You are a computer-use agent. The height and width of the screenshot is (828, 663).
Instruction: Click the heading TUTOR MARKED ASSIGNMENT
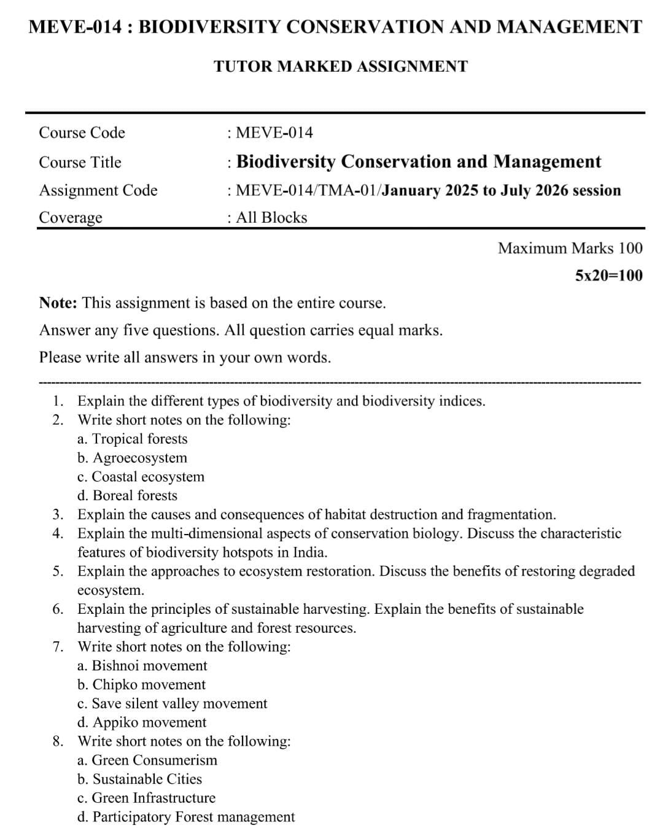tap(341, 66)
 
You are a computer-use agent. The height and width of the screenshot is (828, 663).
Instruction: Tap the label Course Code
tap(82, 133)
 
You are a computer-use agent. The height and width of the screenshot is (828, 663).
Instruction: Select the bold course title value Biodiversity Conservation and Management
tap(419, 161)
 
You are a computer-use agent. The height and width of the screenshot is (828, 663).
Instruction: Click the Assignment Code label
tap(98, 190)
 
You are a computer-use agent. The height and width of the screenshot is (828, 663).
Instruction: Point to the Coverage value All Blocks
tap(271, 217)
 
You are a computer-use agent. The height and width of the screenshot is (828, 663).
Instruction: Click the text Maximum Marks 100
tap(570, 248)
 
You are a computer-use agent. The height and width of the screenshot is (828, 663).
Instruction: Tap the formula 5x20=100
tap(608, 275)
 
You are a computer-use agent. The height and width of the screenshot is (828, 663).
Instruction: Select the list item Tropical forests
tap(133, 439)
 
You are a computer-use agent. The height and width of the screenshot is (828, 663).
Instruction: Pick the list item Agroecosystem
tap(132, 458)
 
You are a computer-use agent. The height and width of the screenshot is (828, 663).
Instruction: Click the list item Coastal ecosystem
tap(141, 477)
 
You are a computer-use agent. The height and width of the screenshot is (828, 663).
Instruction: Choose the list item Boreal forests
tap(127, 495)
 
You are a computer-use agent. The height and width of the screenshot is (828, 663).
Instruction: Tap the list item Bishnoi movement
tap(142, 665)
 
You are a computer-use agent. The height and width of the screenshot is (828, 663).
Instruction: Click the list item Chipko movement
tap(141, 684)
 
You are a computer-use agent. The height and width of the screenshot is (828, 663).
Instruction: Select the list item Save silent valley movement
tap(172, 703)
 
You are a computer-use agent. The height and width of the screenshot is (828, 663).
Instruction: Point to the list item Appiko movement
tap(141, 722)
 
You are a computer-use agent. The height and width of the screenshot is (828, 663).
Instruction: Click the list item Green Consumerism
tap(147, 760)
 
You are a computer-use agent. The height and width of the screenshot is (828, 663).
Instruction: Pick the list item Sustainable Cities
tap(139, 779)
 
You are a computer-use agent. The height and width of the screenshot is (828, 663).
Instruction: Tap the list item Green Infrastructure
tap(146, 798)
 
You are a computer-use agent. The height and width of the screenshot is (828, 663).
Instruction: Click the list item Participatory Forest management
tap(185, 817)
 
